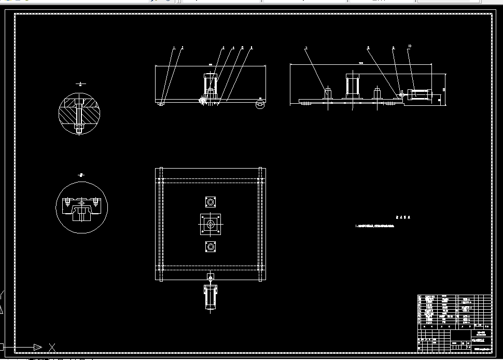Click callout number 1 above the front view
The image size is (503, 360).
click(174, 48)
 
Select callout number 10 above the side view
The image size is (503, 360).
click(409, 47)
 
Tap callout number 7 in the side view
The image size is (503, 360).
click(306, 48)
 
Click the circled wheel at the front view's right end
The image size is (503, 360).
click(260, 105)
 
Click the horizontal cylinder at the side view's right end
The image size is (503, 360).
click(424, 95)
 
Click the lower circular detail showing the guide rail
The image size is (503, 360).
click(81, 208)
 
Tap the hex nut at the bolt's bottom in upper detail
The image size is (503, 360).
click(79, 128)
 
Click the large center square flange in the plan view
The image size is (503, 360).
click(210, 224)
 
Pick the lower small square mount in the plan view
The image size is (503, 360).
click(210, 247)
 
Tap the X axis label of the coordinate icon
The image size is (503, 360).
click(52, 347)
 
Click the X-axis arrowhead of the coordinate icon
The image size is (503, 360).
click(37, 347)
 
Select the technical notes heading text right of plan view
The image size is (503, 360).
click(402, 218)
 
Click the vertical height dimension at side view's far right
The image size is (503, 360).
click(444, 89)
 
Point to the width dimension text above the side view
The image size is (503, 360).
click(361, 63)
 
